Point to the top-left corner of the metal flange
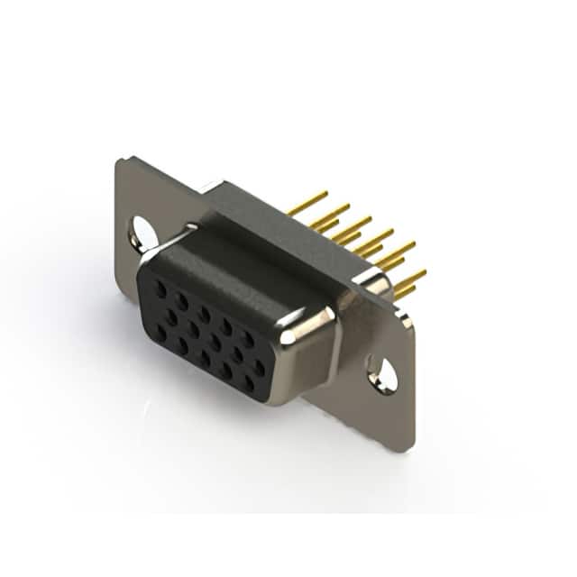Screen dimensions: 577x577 (120, 160)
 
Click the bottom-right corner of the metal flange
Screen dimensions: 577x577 (409, 447)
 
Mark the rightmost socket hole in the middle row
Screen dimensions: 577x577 (260, 367)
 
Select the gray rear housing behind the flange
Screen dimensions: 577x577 (270, 216)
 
